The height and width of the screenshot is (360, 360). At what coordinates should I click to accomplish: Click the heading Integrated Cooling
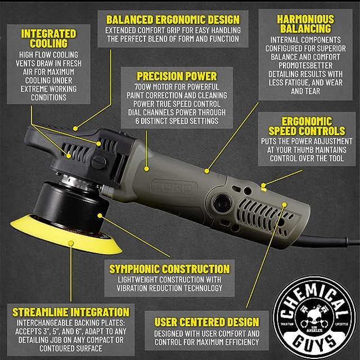pyautogui.click(x=48, y=38)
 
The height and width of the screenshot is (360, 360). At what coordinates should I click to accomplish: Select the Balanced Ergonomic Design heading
pyautogui.click(x=173, y=20)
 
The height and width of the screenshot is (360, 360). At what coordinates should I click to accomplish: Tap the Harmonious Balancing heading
pyautogui.click(x=305, y=24)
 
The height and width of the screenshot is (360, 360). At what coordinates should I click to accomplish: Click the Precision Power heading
pyautogui.click(x=177, y=76)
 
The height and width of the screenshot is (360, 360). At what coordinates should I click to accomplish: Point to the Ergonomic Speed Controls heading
pyautogui.click(x=307, y=126)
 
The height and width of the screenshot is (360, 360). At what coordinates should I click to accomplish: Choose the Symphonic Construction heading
pyautogui.click(x=169, y=269)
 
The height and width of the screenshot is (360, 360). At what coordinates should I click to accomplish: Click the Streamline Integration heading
pyautogui.click(x=71, y=312)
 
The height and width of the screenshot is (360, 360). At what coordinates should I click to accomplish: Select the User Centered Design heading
pyautogui.click(x=206, y=322)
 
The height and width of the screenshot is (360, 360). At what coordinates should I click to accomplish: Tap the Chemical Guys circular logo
pyautogui.click(x=314, y=318)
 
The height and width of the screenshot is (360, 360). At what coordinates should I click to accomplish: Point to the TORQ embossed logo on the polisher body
pyautogui.click(x=174, y=187)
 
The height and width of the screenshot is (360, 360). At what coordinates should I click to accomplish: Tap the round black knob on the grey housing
pyautogui.click(x=222, y=203)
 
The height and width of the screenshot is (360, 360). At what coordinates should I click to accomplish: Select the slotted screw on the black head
pyautogui.click(x=99, y=163)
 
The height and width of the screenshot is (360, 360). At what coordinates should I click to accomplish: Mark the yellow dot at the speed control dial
pyautogui.click(x=263, y=185)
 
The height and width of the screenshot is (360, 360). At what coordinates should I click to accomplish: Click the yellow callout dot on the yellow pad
pyautogui.click(x=71, y=244)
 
